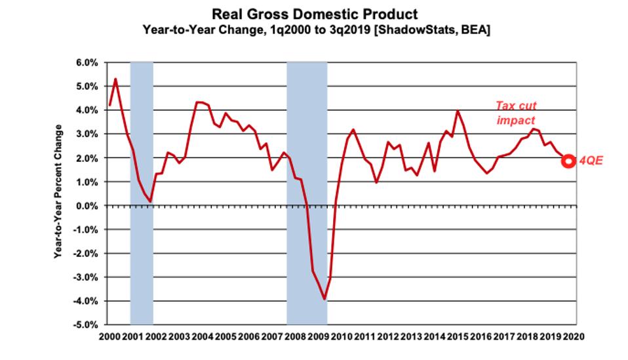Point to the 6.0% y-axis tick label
coord(88,63)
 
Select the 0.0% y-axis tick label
coord(88,206)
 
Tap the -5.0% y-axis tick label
coord(86,325)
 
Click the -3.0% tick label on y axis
coord(86,277)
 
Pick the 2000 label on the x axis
coord(109,336)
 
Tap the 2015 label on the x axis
coord(456,336)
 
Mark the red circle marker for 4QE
coord(568,161)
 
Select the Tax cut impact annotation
coord(515,113)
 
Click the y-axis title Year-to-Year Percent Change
coord(58,191)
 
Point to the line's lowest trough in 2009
coord(324,299)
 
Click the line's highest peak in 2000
coord(115,79)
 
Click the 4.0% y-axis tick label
coord(88,111)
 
